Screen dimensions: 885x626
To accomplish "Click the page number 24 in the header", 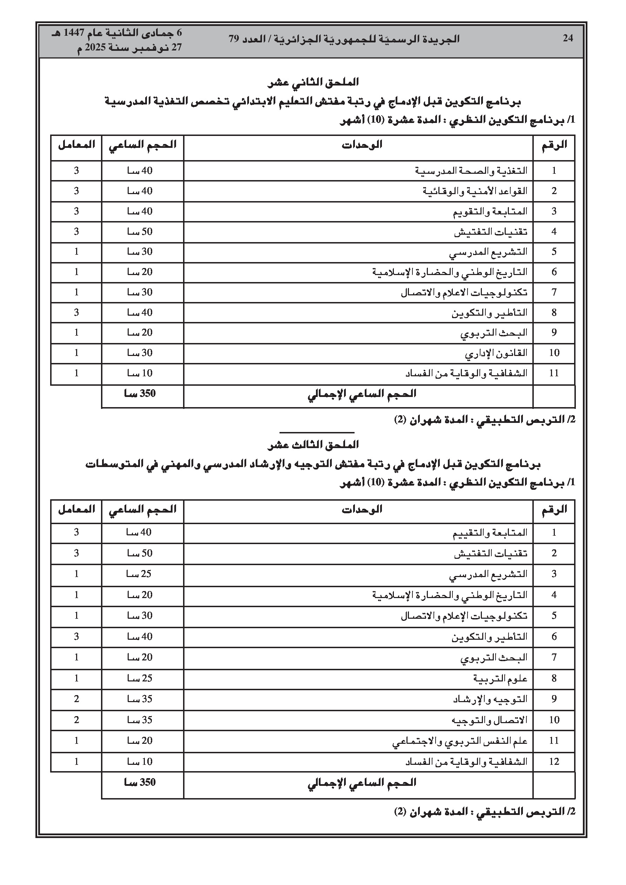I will click(x=568, y=38).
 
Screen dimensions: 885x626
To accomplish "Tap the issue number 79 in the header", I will click(x=234, y=39).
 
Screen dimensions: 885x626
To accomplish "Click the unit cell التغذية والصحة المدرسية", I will click(x=471, y=171).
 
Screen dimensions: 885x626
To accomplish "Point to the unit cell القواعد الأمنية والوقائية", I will click(x=475, y=191).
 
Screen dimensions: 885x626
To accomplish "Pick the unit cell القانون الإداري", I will click(x=496, y=353).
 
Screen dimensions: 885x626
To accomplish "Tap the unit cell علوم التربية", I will click(x=500, y=678).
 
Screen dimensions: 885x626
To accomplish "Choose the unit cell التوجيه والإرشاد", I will click(x=490, y=699).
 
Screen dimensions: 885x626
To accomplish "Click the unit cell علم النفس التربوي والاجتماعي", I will click(x=460, y=741).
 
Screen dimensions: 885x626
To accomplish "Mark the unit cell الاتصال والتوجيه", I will click(x=489, y=720).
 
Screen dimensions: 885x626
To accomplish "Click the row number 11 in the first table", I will click(x=554, y=373).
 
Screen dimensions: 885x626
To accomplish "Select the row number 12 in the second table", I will click(x=554, y=762).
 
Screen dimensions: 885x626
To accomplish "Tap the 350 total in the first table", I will click(x=140, y=393).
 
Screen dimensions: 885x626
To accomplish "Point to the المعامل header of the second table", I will click(x=76, y=509).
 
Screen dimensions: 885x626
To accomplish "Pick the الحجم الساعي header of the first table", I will click(x=142, y=145).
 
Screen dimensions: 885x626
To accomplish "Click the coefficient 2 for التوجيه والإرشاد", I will click(x=76, y=699).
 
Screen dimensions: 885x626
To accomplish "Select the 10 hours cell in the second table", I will click(x=140, y=762).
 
